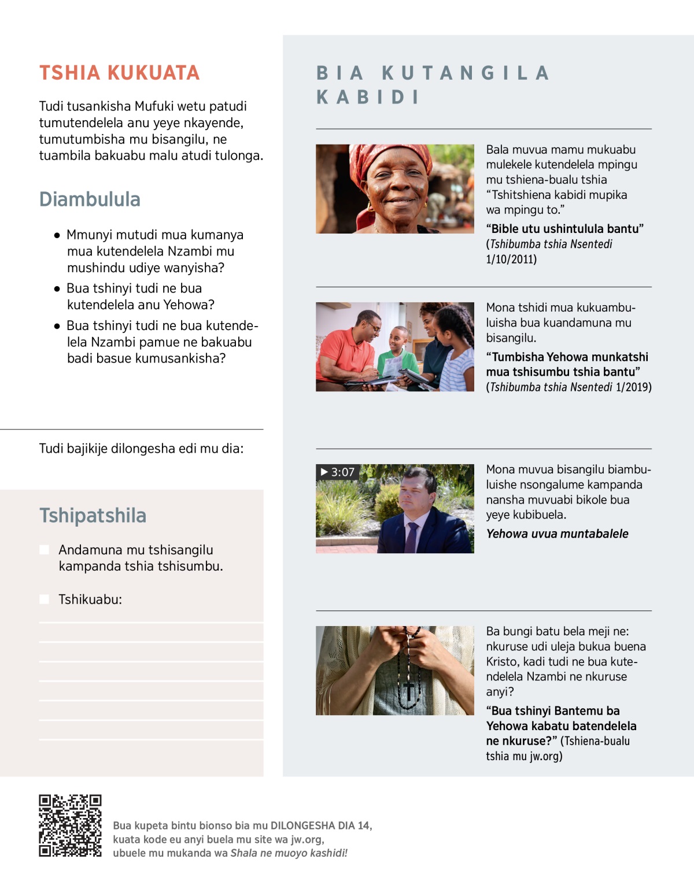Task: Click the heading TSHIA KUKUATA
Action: (x=119, y=73)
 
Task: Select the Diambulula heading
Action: (x=90, y=199)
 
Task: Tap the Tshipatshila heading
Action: (x=93, y=516)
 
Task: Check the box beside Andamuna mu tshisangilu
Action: (x=44, y=550)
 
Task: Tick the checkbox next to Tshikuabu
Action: (x=44, y=599)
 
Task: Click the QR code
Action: (x=70, y=826)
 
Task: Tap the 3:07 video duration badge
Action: (x=337, y=472)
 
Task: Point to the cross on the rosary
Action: (x=408, y=691)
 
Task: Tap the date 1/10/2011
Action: (x=511, y=259)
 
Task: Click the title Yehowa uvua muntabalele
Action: (x=557, y=534)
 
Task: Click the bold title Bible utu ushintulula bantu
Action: (x=564, y=229)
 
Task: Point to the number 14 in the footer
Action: (x=363, y=826)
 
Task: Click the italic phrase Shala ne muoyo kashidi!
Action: (x=289, y=853)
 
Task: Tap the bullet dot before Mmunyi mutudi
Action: (x=57, y=235)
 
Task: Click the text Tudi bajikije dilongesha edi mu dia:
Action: (x=141, y=449)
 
